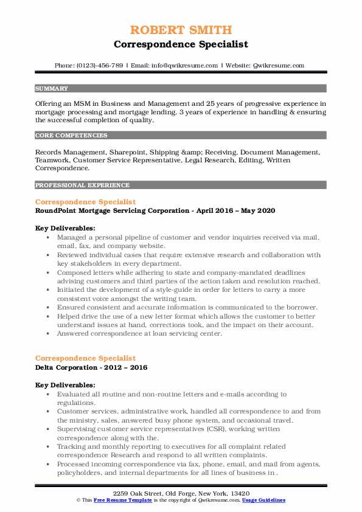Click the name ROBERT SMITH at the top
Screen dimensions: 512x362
point(181,30)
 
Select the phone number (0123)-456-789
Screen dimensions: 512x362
point(99,66)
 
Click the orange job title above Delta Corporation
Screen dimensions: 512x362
point(86,359)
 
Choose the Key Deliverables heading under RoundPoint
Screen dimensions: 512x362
point(65,228)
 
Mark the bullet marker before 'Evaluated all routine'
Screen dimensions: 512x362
point(48,394)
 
